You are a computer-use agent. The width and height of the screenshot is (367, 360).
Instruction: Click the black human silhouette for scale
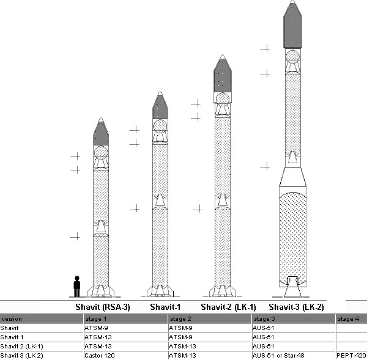(77, 287)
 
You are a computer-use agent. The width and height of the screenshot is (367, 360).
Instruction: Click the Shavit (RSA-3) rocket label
(103, 307)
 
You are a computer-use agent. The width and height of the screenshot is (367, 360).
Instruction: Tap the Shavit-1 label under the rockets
(165, 307)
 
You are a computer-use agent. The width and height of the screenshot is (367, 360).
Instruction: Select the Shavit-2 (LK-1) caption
(228, 307)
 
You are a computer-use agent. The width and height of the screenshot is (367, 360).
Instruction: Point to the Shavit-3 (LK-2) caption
(296, 307)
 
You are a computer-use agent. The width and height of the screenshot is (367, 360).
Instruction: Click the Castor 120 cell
(100, 356)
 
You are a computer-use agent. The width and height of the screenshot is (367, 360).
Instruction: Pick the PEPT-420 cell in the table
(351, 356)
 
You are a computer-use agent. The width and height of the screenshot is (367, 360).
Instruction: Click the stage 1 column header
(96, 319)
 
